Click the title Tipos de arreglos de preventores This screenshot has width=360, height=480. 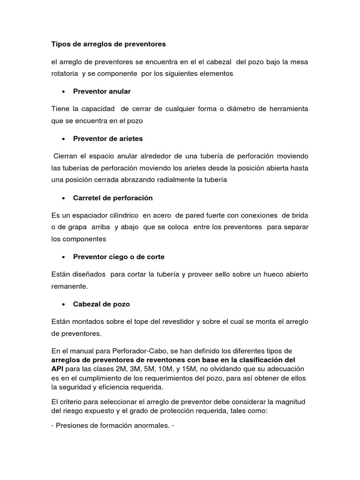[x=108, y=45]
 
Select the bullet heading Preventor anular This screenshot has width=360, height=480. [x=102, y=91]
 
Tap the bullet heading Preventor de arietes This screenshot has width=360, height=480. [x=108, y=138]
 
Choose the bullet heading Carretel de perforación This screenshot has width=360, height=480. [x=113, y=198]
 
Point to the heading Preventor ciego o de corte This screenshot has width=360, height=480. [x=119, y=257]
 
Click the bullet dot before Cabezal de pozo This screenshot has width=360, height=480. [x=63, y=304]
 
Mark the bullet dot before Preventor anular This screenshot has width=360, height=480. [x=63, y=91]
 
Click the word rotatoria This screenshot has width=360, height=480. [x=65, y=74]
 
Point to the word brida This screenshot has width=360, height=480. [x=300, y=215]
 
